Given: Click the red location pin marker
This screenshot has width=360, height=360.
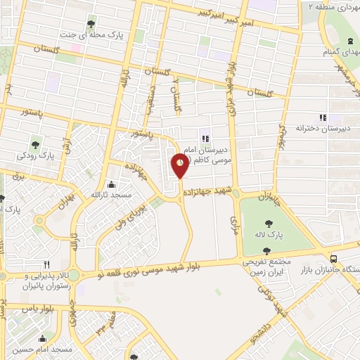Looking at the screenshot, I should (180, 166).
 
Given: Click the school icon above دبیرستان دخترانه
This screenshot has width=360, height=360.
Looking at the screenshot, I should (323, 117).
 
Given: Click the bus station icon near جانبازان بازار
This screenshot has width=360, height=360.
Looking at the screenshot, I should (334, 259).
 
